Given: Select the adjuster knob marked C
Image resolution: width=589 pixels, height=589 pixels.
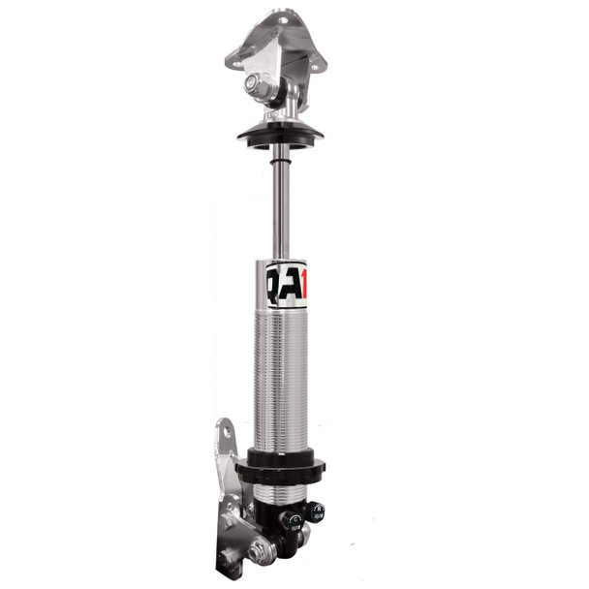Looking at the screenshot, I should pyautogui.click(x=291, y=522).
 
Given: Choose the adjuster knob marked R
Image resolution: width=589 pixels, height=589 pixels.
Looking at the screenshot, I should pyautogui.click(x=315, y=511).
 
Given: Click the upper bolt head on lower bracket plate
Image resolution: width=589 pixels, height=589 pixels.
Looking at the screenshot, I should pyautogui.click(x=229, y=520).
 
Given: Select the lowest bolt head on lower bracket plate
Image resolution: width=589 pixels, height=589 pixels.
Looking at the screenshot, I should pyautogui.click(x=229, y=558).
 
